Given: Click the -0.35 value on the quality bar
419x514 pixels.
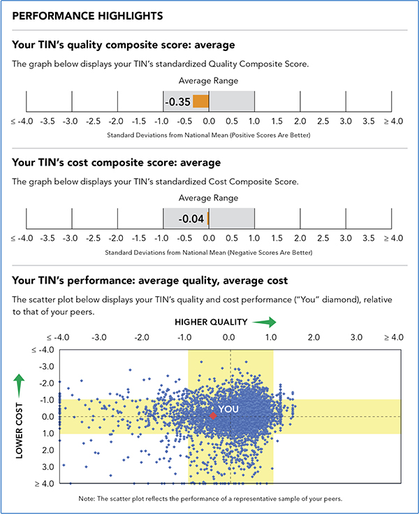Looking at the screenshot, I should [x=177, y=102].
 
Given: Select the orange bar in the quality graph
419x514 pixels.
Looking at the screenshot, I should [x=200, y=102].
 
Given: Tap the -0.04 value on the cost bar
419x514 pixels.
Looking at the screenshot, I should [x=191, y=219].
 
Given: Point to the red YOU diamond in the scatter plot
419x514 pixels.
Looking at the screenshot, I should [x=213, y=416].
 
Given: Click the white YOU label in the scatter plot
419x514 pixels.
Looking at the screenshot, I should [x=228, y=409].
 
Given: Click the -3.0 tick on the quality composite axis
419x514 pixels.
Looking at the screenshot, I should [x=71, y=121].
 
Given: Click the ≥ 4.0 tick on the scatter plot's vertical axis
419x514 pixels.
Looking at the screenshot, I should [x=45, y=483].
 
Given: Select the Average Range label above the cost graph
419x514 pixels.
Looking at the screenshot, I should [x=209, y=198].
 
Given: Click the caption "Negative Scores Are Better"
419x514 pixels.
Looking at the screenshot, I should [x=267, y=251].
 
